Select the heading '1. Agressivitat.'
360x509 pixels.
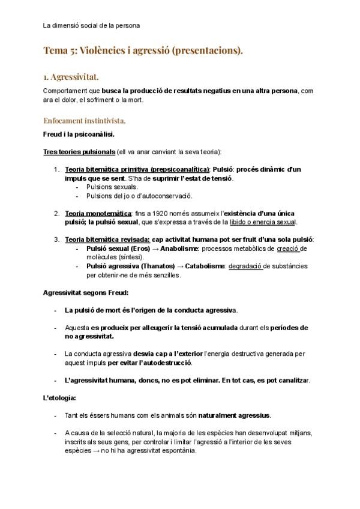(71, 77)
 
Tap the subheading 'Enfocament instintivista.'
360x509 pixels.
(84, 121)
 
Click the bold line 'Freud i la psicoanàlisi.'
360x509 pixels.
(79, 134)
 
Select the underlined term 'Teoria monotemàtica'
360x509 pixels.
(98, 213)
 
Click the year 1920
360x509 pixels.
(160, 213)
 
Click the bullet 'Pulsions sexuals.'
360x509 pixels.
(112, 187)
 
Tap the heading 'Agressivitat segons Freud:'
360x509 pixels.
(85, 293)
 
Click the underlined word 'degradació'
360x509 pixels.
(245, 266)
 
